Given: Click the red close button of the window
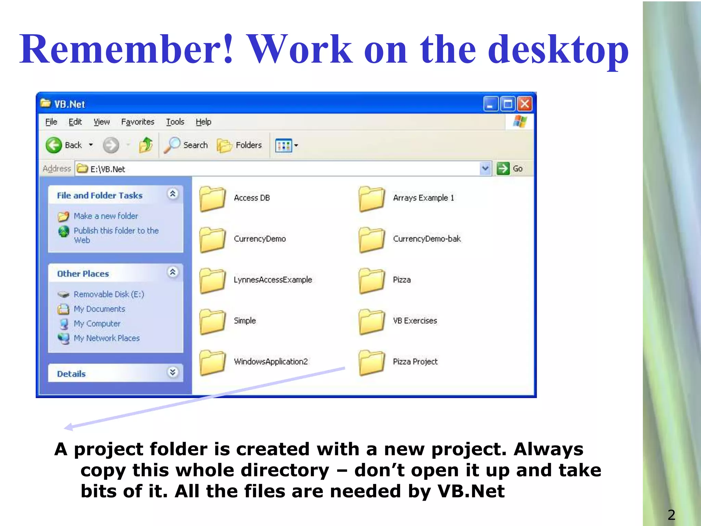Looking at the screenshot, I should pos(525,104).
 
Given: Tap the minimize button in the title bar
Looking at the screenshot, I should pos(490,104).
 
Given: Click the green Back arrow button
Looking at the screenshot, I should pos(54,145).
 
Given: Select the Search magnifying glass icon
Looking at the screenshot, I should pos(172,145).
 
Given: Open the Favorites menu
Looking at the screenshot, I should pos(138,122).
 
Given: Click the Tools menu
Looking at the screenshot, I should pos(175,122).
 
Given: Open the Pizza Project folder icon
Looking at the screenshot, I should pos(372,363).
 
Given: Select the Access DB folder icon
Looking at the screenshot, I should pos(213,199).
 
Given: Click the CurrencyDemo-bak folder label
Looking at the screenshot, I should pos(427,239).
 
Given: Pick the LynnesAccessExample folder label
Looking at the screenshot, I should pos(273,280).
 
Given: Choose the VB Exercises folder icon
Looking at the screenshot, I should pos(372,322).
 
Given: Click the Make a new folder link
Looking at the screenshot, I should pos(106,216).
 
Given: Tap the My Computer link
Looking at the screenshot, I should pos(97,324).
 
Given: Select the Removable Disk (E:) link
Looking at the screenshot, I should pos(109,295).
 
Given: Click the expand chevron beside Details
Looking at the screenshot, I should pos(173,372).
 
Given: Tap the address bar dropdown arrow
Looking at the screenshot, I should pos(485,168).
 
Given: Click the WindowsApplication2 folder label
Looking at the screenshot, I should pos(271,362).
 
